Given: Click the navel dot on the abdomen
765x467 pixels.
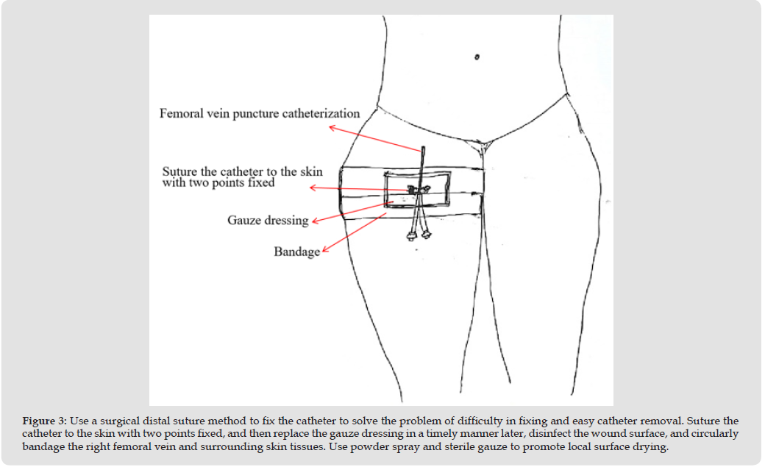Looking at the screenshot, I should click(x=477, y=57).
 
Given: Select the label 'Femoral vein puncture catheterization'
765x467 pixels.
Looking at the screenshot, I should click(x=260, y=113).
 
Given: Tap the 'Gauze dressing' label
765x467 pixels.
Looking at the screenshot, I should click(x=268, y=220).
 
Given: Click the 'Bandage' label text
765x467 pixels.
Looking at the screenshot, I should click(x=296, y=252).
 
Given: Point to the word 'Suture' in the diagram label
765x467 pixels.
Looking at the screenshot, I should click(x=180, y=171).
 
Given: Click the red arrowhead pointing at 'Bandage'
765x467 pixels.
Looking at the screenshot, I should click(x=324, y=250).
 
